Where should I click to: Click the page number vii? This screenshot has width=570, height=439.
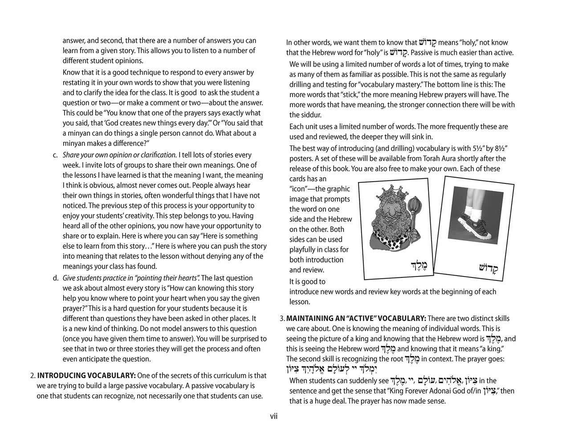pyautogui.click(x=274, y=416)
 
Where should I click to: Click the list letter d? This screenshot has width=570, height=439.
pyautogui.click(x=55, y=278)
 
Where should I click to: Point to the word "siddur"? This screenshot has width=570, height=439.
pyautogui.click(x=301, y=115)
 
